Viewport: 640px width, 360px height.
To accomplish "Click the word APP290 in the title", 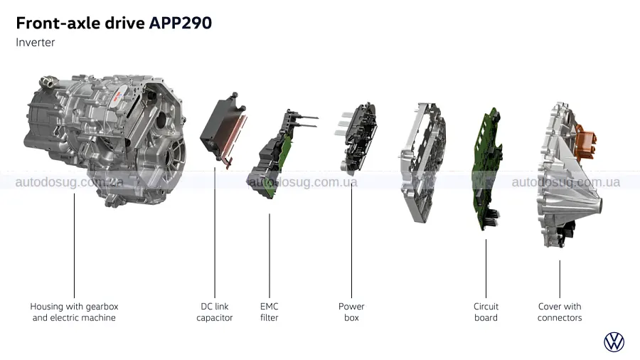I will [181, 23].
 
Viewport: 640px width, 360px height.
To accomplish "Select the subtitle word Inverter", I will [35, 43].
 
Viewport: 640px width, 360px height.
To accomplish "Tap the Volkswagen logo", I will [614, 342].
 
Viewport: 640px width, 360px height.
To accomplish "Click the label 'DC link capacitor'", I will [215, 312].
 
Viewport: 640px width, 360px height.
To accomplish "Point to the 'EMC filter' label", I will [269, 312].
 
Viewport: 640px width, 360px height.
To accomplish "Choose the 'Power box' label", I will [351, 312].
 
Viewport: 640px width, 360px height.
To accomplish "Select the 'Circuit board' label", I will [486, 312].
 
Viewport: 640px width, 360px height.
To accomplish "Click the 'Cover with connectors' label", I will [560, 312].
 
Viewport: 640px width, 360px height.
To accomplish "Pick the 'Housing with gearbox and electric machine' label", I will [74, 312].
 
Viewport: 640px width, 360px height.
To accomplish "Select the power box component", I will [359, 139].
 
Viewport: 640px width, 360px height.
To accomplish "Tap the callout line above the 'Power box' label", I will [351, 235].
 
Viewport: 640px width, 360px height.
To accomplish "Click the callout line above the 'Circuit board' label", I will [486, 267].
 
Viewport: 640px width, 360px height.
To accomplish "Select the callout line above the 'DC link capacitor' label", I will [215, 228].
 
